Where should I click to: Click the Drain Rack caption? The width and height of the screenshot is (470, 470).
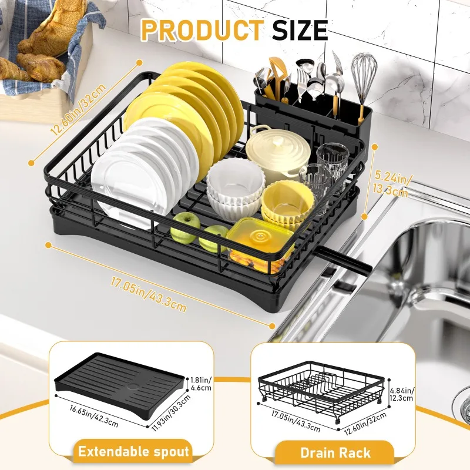(335, 452)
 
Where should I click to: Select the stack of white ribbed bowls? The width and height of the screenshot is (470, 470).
(236, 188)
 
